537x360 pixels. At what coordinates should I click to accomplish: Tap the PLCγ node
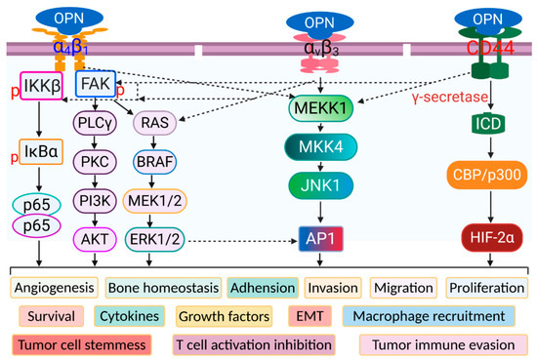[96, 122]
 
